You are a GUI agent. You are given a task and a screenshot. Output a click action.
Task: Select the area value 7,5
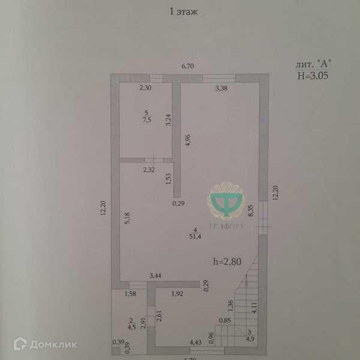[146, 119]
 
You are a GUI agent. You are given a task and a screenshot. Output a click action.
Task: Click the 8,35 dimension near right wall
[250, 212]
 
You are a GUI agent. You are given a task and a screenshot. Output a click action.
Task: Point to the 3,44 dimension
[155, 275]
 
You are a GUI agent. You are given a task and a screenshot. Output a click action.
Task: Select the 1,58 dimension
[131, 294]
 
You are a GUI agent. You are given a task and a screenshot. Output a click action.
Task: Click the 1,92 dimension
[178, 294]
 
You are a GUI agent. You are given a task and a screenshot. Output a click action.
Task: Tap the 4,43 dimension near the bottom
[196, 343]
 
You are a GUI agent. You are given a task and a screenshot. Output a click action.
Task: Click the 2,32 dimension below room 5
[149, 170]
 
